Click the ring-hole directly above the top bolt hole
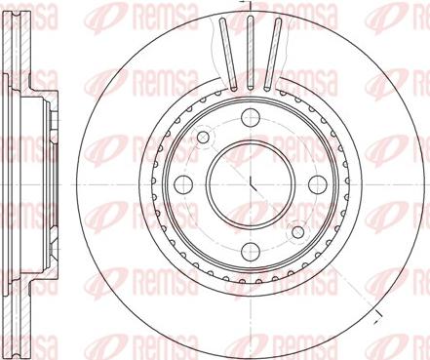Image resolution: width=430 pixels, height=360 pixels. (249, 96)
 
